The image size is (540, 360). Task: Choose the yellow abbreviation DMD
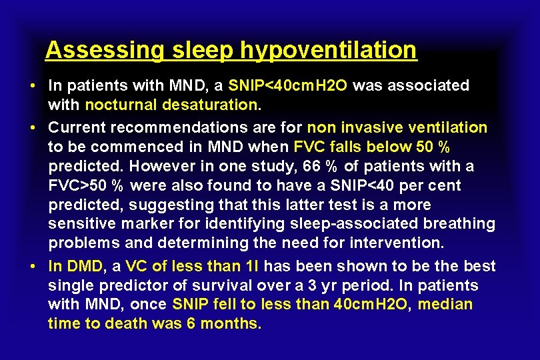(85, 267)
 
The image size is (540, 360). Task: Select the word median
(445, 305)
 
